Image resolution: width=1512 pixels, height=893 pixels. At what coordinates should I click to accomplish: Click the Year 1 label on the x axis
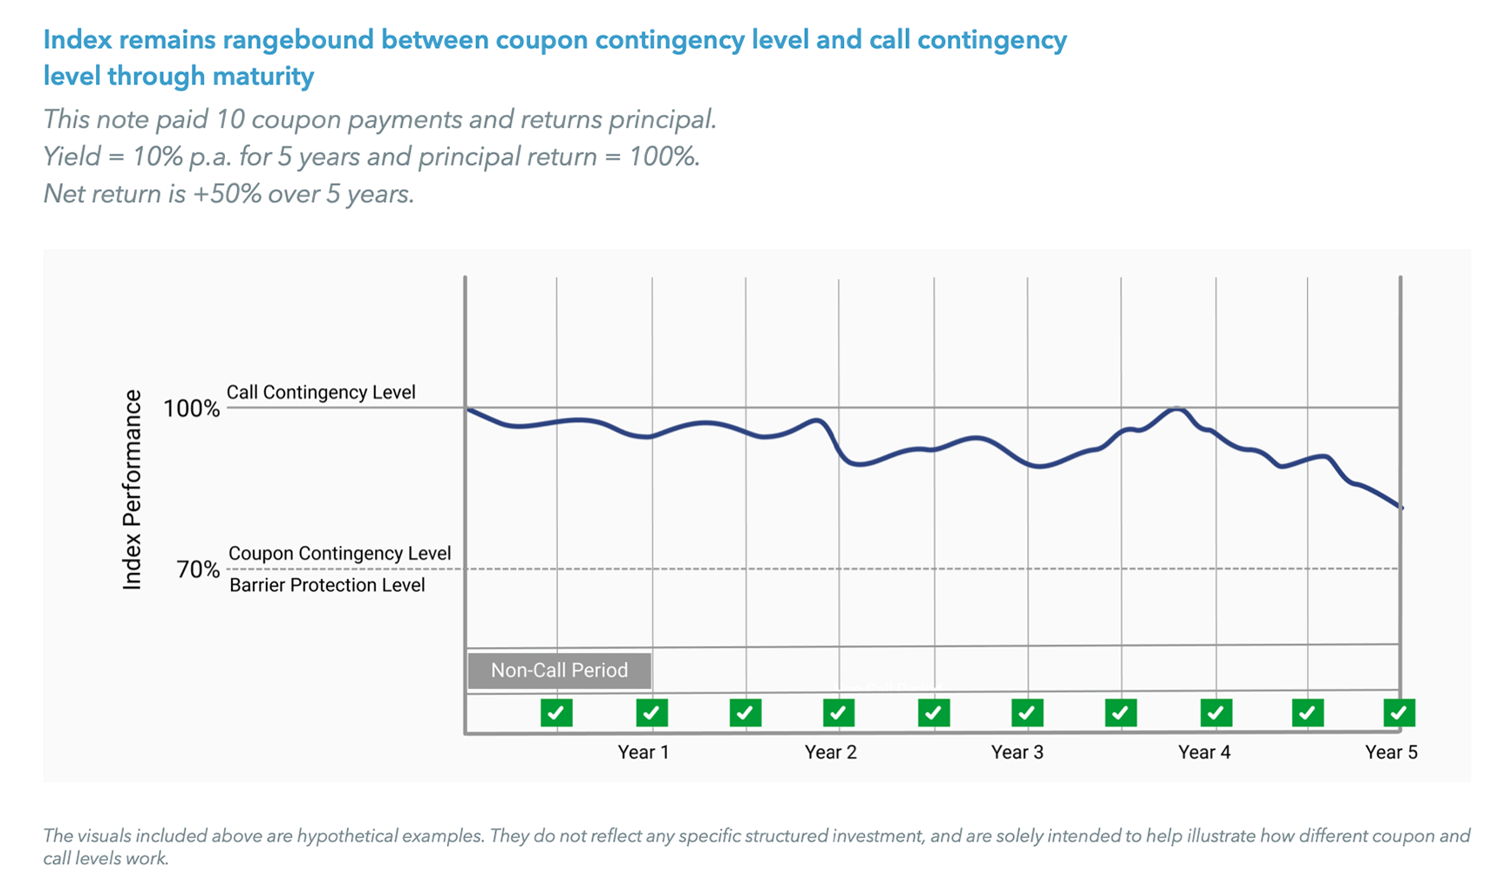643,752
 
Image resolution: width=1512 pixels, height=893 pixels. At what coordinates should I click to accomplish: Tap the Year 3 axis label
1017,752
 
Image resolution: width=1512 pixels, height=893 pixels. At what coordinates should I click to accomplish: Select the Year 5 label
1391,752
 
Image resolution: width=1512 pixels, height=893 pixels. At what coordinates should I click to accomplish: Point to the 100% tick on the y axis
191,408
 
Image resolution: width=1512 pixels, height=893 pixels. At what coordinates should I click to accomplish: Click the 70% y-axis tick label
198,569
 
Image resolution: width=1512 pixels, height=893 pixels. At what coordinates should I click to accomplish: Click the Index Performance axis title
132,490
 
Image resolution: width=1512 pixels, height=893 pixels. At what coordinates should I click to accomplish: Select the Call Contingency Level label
321,392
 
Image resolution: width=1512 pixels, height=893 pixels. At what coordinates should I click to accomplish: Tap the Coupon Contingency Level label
339,554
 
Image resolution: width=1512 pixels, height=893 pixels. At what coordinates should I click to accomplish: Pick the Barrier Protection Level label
327,585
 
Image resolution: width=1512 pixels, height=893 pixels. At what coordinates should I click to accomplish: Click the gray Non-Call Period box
559,671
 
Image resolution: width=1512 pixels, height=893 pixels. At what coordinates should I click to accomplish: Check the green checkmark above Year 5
1399,712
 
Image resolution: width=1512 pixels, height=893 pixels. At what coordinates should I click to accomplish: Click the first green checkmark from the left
556,712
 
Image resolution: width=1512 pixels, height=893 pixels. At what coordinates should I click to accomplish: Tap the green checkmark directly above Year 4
1216,712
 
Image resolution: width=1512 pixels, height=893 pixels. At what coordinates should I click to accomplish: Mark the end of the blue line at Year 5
1401,508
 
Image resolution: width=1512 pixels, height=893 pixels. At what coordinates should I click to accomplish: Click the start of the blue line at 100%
468,408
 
